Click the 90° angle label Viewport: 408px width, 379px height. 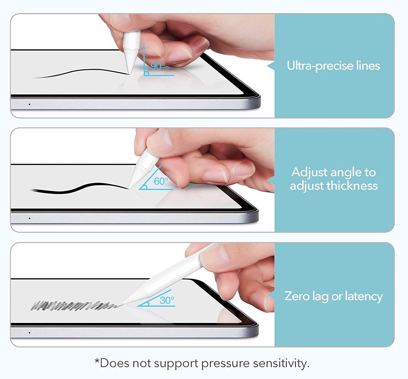pyautogui.click(x=158, y=66)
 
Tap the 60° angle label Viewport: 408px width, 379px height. pyautogui.click(x=161, y=181)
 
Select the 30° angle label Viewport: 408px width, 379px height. pyautogui.click(x=167, y=300)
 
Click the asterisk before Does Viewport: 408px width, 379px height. pyautogui.click(x=97, y=361)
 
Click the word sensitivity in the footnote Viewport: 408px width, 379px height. pyautogui.click(x=281, y=363)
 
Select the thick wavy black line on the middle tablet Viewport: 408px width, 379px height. pyautogui.click(x=79, y=188)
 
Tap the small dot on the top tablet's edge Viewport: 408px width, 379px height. pyautogui.click(x=29, y=104)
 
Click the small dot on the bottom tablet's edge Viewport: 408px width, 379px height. pyautogui.click(x=29, y=333)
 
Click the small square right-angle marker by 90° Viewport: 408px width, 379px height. pyautogui.click(x=146, y=73)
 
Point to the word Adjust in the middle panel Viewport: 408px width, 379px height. pyautogui.click(x=310, y=172)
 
